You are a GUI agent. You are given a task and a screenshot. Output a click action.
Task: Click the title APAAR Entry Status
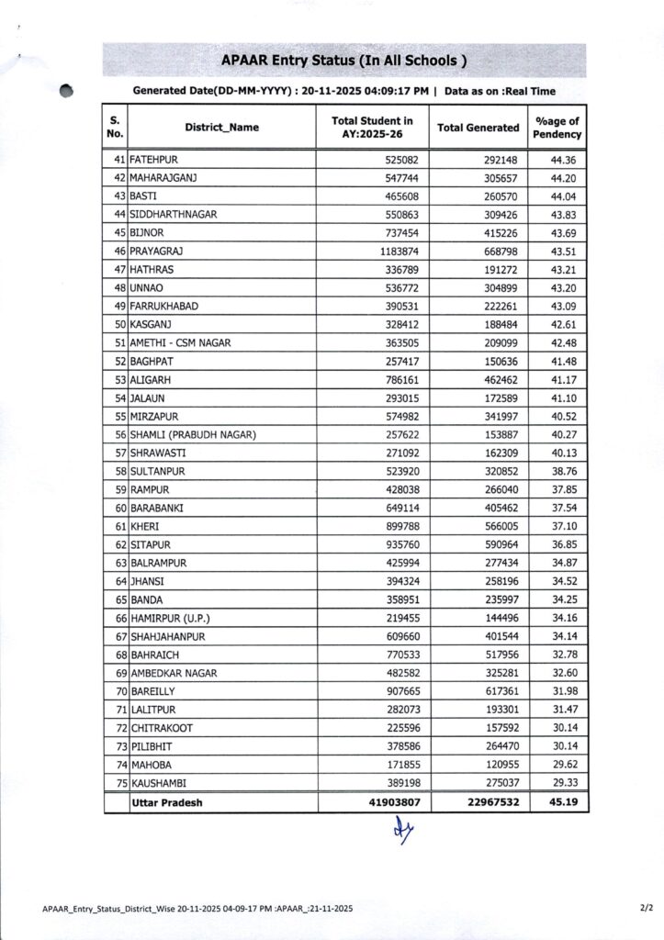pos(344,61)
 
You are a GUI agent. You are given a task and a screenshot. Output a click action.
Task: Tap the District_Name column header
pos(221,128)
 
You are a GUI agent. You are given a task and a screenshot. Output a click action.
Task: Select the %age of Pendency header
pos(557,128)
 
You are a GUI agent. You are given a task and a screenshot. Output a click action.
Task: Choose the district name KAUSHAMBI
pos(163,783)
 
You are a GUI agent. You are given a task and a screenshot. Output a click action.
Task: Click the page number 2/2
pos(646,908)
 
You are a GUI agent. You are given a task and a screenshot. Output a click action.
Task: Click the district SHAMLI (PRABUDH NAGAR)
pos(192,434)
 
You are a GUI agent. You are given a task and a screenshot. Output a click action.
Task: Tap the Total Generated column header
pos(478,128)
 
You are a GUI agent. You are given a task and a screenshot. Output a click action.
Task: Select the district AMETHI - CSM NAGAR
pos(181,342)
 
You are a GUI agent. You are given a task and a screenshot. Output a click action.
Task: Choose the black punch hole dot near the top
pos(65,91)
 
